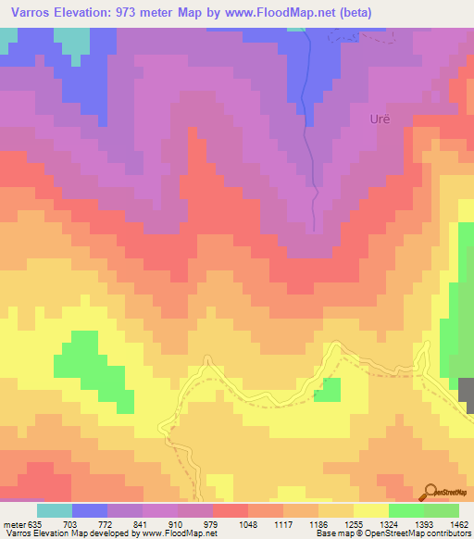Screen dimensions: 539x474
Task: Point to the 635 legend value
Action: (37, 523)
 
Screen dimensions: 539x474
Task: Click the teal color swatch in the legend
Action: (55, 510)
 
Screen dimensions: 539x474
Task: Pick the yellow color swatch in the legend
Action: (370, 510)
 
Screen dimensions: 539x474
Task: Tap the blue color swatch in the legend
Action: (90, 510)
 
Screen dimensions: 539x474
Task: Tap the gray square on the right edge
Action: (468, 396)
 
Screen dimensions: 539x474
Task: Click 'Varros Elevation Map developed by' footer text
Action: (66, 533)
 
